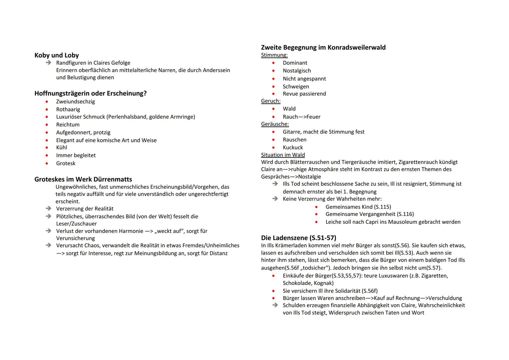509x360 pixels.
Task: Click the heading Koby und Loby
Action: [x=57, y=55]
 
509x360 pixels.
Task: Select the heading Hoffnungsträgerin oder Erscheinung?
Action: [x=90, y=93]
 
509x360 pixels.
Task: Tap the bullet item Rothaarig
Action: [x=68, y=109]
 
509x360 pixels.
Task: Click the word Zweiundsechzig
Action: [x=75, y=102]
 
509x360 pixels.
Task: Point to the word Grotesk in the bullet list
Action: [x=66, y=163]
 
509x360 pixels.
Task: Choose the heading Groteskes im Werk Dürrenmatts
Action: [x=83, y=179]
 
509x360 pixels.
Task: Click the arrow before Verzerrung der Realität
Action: [x=49, y=209]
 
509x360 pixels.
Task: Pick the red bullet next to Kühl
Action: [x=47, y=148]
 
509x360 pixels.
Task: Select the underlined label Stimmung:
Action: [x=274, y=55]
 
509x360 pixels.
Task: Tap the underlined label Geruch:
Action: [x=271, y=101]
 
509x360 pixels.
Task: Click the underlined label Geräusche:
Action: [x=275, y=124]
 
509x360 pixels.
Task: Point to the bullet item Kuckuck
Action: [x=293, y=147]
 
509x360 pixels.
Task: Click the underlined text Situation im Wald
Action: [x=283, y=155]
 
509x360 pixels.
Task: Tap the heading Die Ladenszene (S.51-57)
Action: [x=299, y=238]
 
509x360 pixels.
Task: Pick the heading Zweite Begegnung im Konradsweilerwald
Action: [x=323, y=47]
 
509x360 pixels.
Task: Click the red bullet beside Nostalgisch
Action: [x=274, y=71]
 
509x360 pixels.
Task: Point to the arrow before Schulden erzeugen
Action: [x=275, y=305]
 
